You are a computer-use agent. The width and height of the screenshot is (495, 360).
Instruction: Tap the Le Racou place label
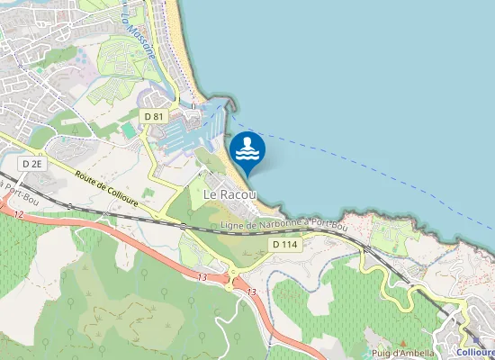pyautogui.click(x=229, y=193)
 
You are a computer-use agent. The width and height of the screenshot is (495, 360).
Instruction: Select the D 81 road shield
pyautogui.click(x=153, y=117)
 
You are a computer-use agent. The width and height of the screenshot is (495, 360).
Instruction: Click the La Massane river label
pyautogui.click(x=141, y=40)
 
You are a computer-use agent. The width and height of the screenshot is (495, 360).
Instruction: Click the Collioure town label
pyautogui.click(x=475, y=353)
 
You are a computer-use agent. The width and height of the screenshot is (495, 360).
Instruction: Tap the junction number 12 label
pyautogui.click(x=17, y=214)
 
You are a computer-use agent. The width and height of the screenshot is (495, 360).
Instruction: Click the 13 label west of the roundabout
pyautogui.click(x=202, y=277)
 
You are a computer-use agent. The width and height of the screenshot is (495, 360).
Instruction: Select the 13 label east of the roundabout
pyautogui.click(x=251, y=292)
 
